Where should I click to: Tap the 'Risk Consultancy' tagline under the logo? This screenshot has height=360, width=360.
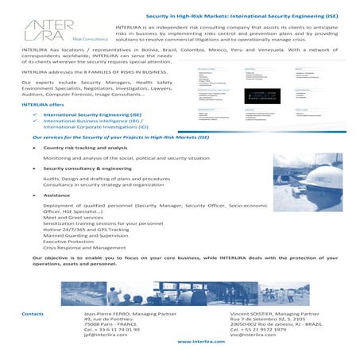pyautogui.click(x=90, y=37)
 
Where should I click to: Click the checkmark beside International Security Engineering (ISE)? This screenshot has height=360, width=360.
pyautogui.click(x=36, y=114)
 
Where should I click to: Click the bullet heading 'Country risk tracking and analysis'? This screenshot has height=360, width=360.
pyautogui.click(x=85, y=148)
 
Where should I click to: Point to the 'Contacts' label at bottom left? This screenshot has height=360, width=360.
pyautogui.click(x=33, y=314)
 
